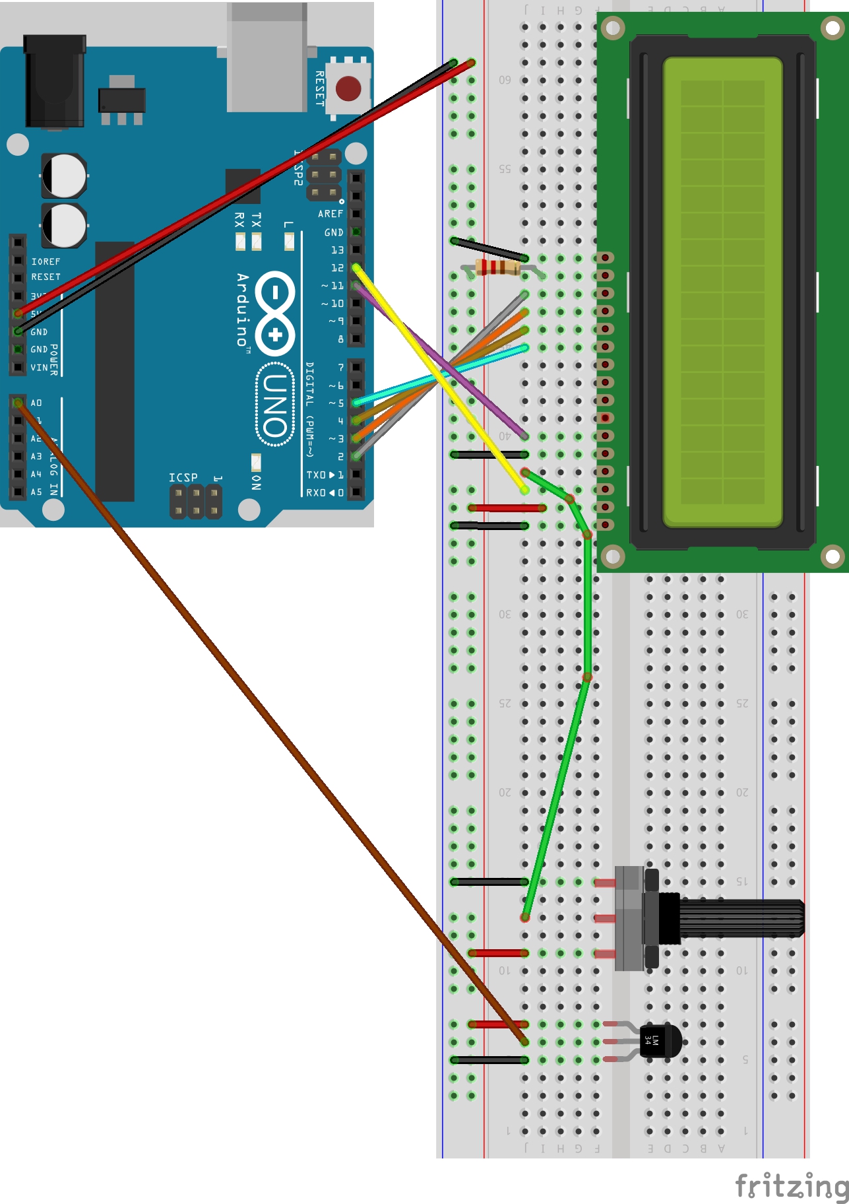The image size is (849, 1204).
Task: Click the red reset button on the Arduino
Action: (348, 88)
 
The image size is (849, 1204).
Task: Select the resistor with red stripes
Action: (497, 267)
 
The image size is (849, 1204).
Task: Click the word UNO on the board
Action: (275, 405)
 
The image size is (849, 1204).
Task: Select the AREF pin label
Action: (330, 214)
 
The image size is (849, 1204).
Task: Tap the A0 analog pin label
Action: (36, 403)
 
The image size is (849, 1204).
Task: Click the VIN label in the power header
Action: (39, 368)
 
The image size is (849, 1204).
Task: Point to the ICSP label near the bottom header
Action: (183, 477)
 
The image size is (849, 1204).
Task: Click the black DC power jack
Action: (54, 83)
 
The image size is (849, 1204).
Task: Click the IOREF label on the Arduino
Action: (46, 262)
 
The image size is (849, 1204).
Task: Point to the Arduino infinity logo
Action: (275, 313)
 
